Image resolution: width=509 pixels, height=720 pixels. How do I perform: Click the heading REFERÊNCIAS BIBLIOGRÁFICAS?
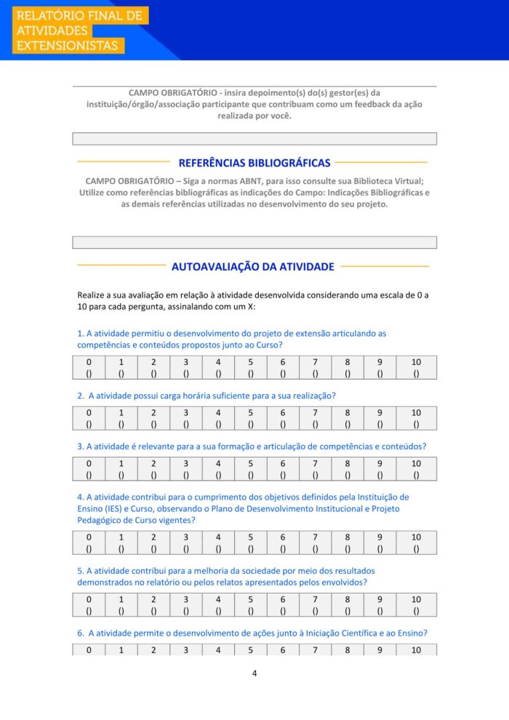pyautogui.click(x=254, y=163)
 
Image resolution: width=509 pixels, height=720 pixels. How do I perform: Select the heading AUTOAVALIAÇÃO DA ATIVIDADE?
pyautogui.click(x=253, y=267)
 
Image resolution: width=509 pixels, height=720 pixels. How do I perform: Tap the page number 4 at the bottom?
pyautogui.click(x=254, y=673)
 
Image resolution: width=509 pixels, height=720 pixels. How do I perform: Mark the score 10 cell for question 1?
pyautogui.click(x=416, y=368)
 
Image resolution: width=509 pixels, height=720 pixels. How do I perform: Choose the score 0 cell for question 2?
pyautogui.click(x=89, y=417)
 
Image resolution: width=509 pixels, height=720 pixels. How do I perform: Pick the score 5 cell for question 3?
pyautogui.click(x=250, y=469)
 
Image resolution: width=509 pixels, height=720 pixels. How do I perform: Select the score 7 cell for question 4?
pyautogui.click(x=315, y=543)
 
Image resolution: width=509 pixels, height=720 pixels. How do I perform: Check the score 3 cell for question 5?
pyautogui.click(x=185, y=605)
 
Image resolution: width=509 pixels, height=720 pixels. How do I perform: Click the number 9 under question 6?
pyautogui.click(x=380, y=650)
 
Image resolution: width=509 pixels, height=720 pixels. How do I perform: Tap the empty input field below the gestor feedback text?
pyautogui.click(x=254, y=139)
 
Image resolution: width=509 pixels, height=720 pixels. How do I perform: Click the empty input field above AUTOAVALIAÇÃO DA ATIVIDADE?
pyautogui.click(x=254, y=242)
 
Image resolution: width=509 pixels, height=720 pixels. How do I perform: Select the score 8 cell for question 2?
pyautogui.click(x=348, y=417)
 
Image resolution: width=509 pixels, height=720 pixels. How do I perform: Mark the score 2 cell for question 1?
pyautogui.click(x=153, y=368)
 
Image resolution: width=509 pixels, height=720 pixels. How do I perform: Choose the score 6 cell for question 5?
pyautogui.click(x=283, y=605)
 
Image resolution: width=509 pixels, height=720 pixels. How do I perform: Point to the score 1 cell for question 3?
pyautogui.click(x=121, y=469)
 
